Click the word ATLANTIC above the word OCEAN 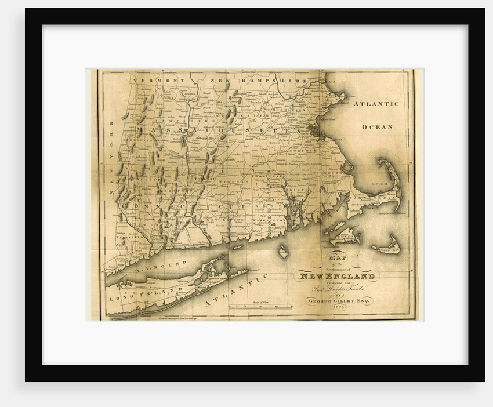pyautogui.click(x=376, y=104)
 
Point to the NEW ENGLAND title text pyautogui.click(x=336, y=276)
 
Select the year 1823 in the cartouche pyautogui.click(x=338, y=308)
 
